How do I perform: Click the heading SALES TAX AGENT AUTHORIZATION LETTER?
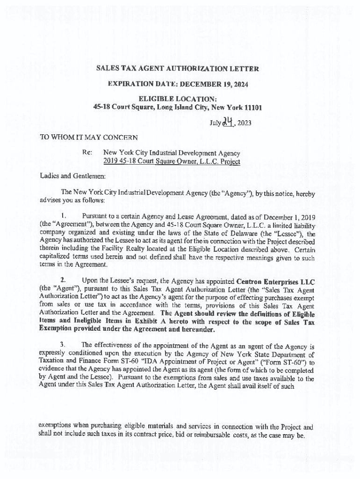click(x=177, y=69)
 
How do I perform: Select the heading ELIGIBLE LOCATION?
click(x=177, y=99)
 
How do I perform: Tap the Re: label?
click(x=87, y=153)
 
